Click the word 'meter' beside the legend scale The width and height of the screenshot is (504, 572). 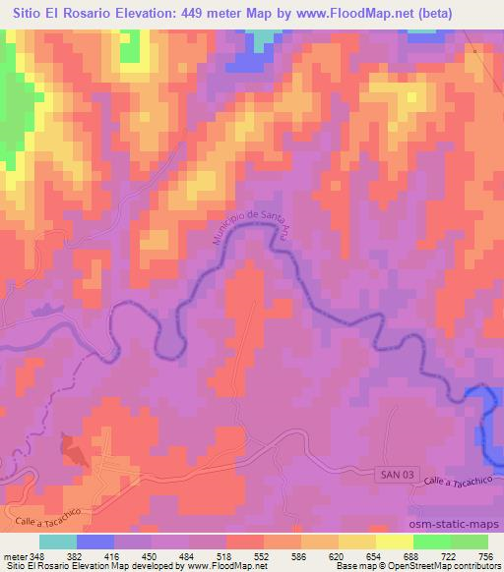[x=15, y=556]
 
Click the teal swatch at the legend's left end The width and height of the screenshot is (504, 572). [x=58, y=543]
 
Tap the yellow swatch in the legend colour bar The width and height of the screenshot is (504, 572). [x=357, y=543]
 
